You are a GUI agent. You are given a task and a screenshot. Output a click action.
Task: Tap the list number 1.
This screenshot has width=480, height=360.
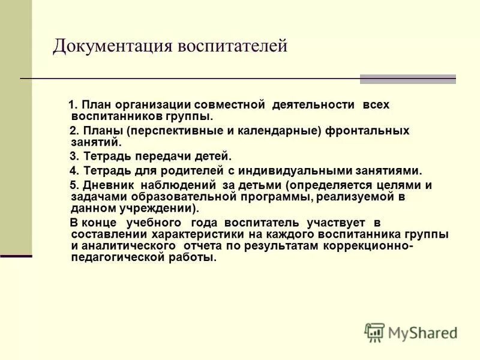(x=73, y=104)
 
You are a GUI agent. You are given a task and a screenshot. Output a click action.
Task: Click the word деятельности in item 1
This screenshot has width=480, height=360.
(x=313, y=104)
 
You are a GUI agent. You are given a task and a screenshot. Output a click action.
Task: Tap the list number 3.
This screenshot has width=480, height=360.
(x=73, y=156)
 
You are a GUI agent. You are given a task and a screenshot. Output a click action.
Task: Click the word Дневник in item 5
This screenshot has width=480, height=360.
(x=104, y=185)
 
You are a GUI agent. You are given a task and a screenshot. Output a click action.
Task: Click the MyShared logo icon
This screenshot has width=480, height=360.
(x=374, y=332)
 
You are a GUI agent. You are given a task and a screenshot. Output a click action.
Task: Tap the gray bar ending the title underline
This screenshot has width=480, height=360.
(x=407, y=79)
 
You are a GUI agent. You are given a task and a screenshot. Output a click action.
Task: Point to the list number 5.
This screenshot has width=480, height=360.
(x=73, y=185)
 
